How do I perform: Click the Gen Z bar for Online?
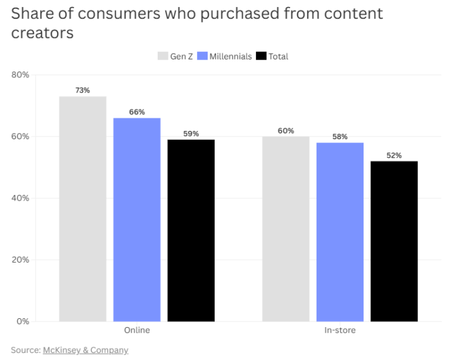(82, 209)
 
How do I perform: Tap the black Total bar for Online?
(191, 230)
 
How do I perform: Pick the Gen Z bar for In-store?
(286, 228)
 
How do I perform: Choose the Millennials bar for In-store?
(340, 232)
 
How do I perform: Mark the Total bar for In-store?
(394, 241)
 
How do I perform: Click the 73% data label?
(82, 90)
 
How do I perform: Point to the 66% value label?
(137, 112)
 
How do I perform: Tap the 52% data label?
(394, 155)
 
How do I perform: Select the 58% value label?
(340, 137)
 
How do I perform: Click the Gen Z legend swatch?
(163, 56)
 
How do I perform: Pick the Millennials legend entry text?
(231, 56)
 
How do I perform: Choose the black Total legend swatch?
(261, 56)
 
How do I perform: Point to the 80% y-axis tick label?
(20, 75)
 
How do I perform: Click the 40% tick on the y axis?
(20, 198)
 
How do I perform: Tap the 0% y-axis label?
(23, 321)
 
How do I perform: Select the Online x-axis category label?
(137, 330)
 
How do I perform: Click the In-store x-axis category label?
(340, 330)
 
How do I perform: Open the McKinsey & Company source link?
(85, 350)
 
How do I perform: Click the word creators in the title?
(42, 33)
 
